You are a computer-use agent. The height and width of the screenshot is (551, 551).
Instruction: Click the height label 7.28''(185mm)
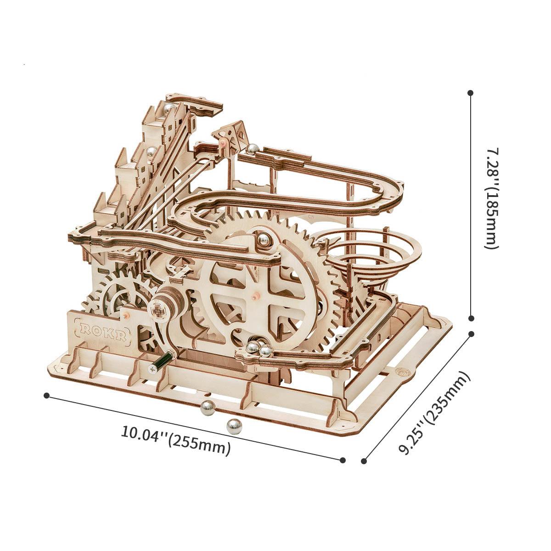pyautogui.click(x=492, y=198)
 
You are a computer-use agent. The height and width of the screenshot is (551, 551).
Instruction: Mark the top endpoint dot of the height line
pyautogui.click(x=470, y=93)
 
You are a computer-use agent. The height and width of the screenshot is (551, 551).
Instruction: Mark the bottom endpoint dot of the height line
pyautogui.click(x=471, y=318)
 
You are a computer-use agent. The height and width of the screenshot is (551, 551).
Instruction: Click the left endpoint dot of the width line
pyautogui.click(x=46, y=395)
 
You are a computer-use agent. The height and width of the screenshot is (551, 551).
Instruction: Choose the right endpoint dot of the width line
pyautogui.click(x=343, y=460)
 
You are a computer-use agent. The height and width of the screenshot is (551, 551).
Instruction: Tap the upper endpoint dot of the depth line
pyautogui.click(x=471, y=334)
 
